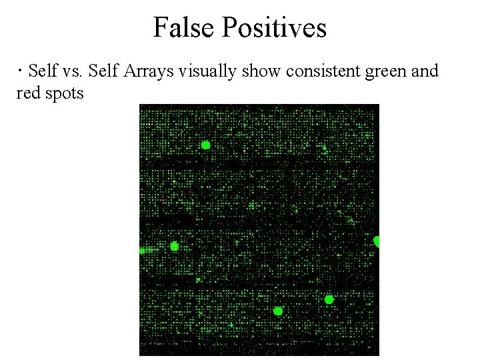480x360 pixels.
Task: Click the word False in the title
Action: (184, 28)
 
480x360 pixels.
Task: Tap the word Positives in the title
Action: (274, 28)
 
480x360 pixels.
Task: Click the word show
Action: (261, 71)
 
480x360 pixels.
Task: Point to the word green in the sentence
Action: (385, 71)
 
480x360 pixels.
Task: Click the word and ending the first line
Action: (425, 71)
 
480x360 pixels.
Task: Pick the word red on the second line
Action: (27, 93)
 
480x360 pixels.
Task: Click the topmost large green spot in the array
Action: (205, 145)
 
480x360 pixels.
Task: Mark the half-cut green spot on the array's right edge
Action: (377, 241)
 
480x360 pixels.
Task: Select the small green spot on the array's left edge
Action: (142, 251)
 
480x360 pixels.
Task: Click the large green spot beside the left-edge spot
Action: (174, 246)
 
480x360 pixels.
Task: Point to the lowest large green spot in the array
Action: (278, 311)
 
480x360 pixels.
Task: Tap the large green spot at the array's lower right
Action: (329, 300)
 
